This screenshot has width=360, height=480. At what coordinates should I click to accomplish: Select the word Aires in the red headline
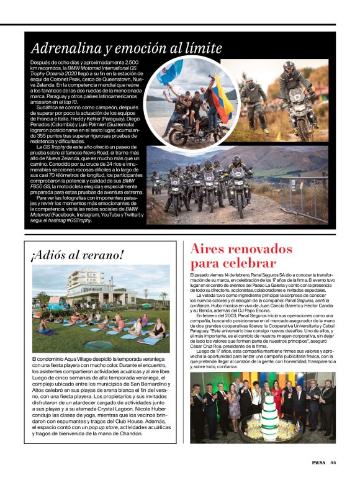[210, 249]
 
